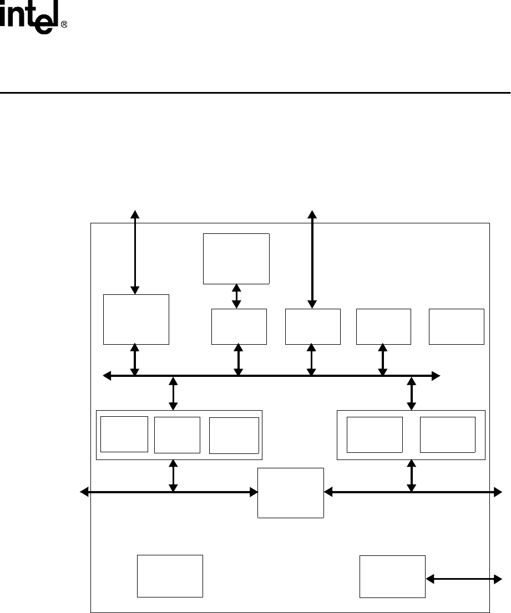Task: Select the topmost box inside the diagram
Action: click(x=236, y=259)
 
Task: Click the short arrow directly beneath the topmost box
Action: click(x=237, y=297)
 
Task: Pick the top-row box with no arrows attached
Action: click(x=457, y=327)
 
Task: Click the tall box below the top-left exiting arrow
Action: click(x=136, y=319)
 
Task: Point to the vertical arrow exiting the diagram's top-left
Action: click(x=135, y=252)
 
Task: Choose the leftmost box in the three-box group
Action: click(x=124, y=434)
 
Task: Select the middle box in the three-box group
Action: click(x=177, y=435)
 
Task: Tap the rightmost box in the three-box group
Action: click(x=234, y=435)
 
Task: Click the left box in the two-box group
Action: click(x=375, y=435)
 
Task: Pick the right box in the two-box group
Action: click(x=448, y=435)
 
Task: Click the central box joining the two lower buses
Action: click(x=291, y=493)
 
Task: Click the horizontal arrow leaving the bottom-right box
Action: click(x=464, y=579)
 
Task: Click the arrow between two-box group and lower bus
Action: click(x=412, y=476)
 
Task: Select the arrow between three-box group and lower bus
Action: click(x=174, y=476)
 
